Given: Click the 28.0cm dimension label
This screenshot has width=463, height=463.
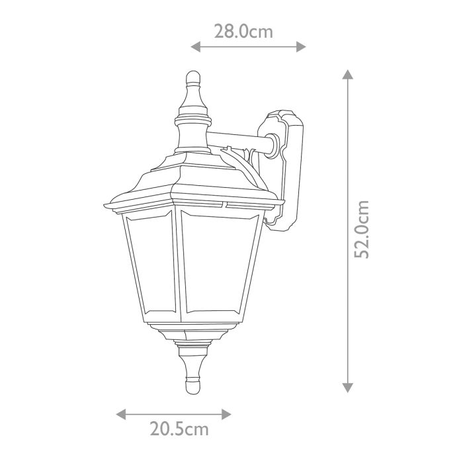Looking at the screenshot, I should coord(244,31).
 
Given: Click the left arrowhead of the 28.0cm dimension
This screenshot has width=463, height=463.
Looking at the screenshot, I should coord(194,46).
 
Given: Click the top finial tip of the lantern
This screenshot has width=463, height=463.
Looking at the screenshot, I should coord(192,74).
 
